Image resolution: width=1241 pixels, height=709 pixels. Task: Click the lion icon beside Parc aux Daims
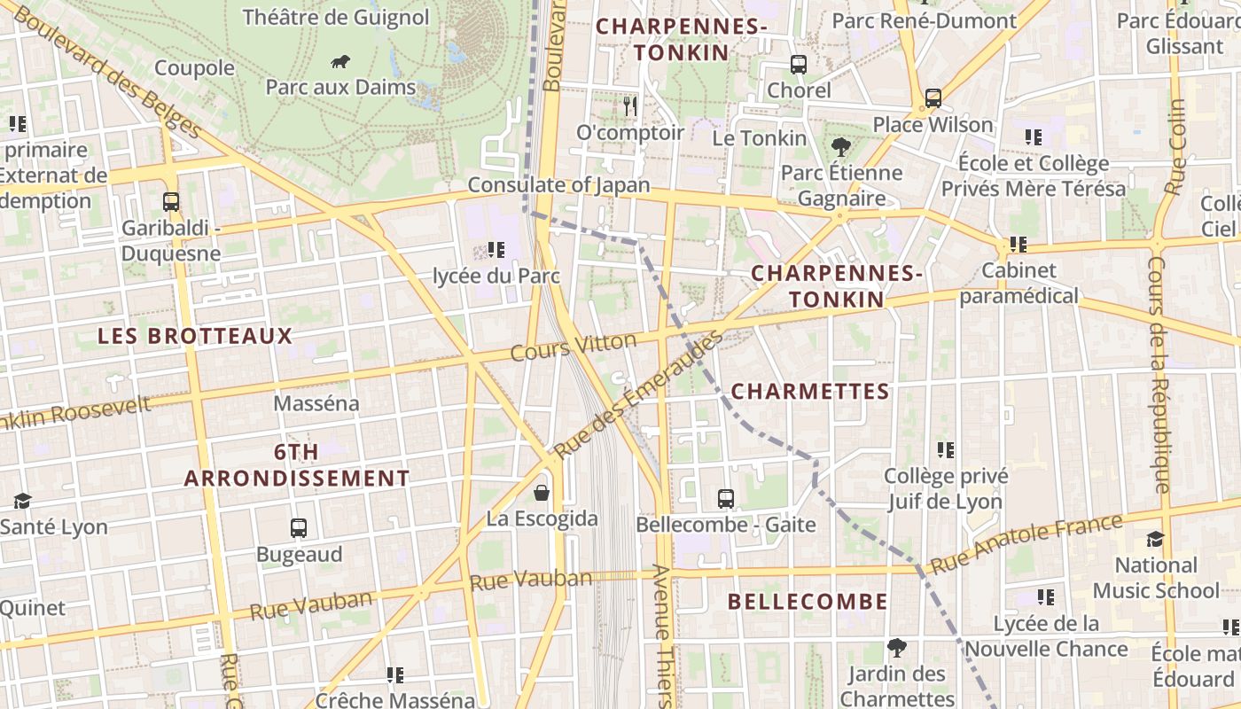click(340, 61)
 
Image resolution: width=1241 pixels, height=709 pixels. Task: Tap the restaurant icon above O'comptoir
click(630, 106)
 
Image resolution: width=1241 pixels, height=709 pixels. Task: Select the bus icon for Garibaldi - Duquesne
click(171, 202)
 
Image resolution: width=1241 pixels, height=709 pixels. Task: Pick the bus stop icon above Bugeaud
click(299, 528)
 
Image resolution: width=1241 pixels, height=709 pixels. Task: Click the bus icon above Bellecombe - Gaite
click(726, 499)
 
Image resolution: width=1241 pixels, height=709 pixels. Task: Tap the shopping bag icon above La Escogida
click(542, 493)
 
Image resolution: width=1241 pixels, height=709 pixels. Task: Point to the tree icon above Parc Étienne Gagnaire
click(840, 147)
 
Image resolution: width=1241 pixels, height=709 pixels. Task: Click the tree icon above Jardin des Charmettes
click(897, 648)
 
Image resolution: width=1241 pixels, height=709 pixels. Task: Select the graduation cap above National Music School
click(1155, 539)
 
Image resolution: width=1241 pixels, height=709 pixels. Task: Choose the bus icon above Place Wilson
click(933, 98)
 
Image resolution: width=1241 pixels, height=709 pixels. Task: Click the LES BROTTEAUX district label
click(195, 336)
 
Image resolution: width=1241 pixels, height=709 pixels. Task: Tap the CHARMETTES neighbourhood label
click(810, 392)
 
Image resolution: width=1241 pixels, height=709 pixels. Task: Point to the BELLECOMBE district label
click(808, 602)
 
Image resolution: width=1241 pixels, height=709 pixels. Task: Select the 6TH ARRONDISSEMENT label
click(297, 465)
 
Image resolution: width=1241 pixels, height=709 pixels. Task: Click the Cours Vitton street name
click(574, 347)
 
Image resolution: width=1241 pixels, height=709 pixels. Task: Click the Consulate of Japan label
click(558, 185)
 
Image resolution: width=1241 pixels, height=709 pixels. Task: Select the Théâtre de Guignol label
click(335, 17)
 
